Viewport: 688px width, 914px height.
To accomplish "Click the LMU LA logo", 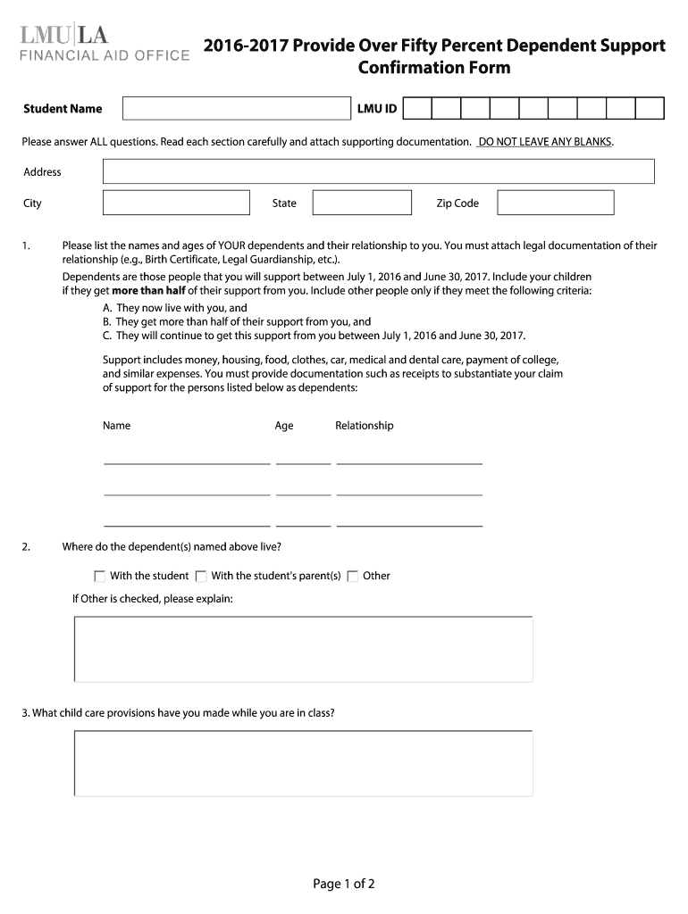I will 64,35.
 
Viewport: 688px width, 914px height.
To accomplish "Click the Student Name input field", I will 235,109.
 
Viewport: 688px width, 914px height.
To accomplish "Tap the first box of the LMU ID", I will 418,109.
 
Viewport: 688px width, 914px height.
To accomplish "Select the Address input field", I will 378,171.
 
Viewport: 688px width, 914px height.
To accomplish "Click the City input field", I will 176,203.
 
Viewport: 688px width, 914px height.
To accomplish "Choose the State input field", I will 349,203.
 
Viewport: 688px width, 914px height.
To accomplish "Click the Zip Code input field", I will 555,203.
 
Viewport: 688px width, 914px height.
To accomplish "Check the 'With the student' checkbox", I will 99,577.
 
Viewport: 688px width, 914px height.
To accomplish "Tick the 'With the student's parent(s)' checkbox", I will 201,577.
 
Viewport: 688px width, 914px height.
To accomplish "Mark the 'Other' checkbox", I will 353,577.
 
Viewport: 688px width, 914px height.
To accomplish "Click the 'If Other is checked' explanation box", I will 303,649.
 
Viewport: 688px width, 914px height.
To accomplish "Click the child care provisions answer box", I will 303,763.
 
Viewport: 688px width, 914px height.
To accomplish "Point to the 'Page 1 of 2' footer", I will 343,884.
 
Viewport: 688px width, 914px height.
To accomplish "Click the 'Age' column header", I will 284,426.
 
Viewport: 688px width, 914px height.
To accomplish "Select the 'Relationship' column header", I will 364,426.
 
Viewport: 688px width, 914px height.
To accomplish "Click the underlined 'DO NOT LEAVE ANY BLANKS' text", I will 545,142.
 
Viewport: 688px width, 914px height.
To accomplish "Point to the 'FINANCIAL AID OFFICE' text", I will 105,55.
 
